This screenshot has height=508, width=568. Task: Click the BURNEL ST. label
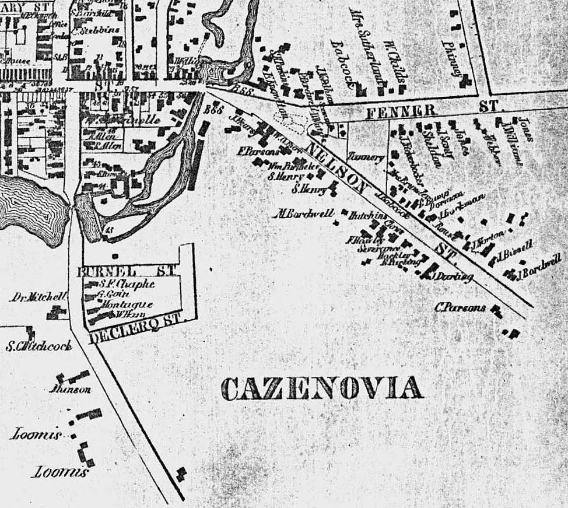point(122,272)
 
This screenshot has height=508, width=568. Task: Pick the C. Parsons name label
point(460,307)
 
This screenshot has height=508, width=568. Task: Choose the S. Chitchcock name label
point(39,346)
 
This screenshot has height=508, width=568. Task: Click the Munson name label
point(71,389)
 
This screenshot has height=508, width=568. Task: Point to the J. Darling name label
point(453,276)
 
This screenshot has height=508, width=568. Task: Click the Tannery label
point(366,157)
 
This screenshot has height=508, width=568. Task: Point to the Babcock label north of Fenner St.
point(343,63)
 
